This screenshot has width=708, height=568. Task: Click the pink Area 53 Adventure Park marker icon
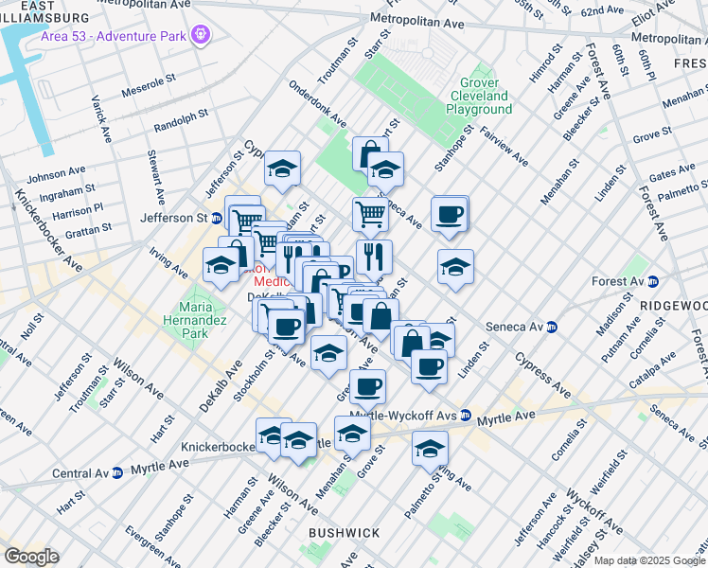point(200,35)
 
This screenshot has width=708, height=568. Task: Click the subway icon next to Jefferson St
point(216,218)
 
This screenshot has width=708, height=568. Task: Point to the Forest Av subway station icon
point(662,281)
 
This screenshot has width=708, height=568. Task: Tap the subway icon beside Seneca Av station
point(553,327)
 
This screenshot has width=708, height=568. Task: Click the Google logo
point(31,557)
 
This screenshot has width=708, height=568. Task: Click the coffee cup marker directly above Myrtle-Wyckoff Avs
point(368,385)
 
